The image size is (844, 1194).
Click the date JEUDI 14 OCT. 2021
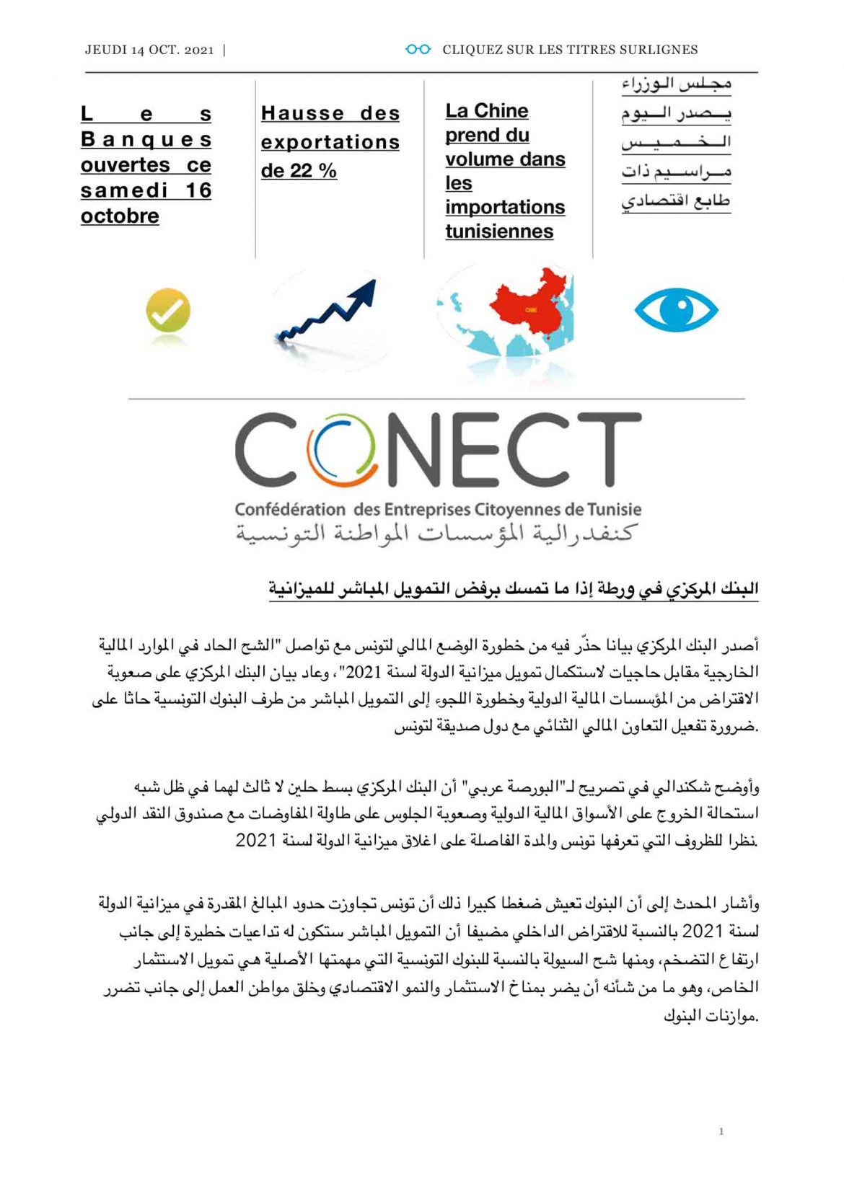pyautogui.click(x=149, y=50)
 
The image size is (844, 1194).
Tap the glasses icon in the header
pyautogui.click(x=418, y=49)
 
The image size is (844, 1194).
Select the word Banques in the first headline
pyautogui.click(x=146, y=139)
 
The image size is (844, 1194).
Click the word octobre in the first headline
pyautogui.click(x=120, y=216)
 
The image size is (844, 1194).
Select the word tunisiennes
pyautogui.click(x=499, y=231)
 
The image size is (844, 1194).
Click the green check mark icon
pyautogui.click(x=168, y=310)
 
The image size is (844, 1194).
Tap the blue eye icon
pyautogui.click(x=676, y=310)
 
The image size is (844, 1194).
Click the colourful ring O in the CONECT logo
pyautogui.click(x=342, y=449)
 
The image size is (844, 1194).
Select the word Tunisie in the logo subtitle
pyautogui.click(x=614, y=510)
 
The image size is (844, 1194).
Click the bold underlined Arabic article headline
pyautogui.click(x=513, y=589)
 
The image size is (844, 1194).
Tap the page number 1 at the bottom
pyautogui.click(x=721, y=1131)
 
